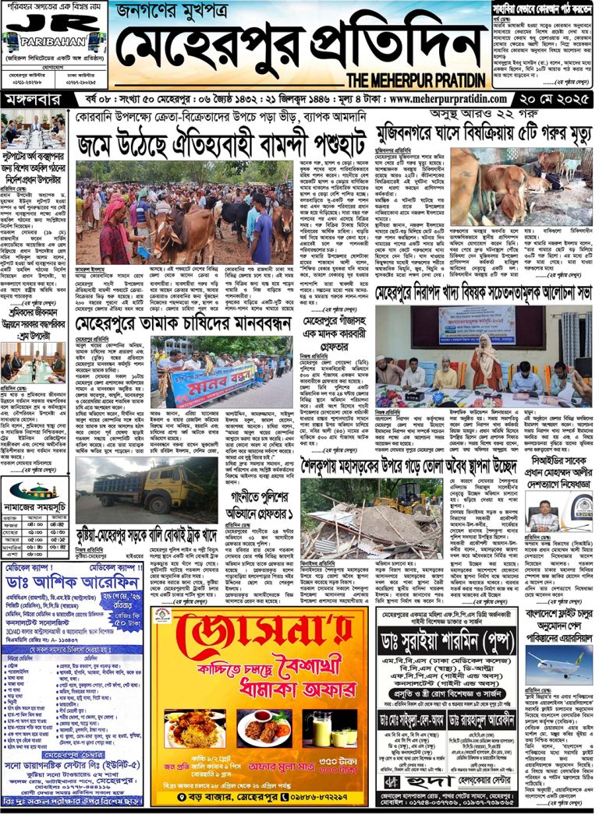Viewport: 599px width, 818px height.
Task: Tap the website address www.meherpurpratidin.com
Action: click(x=448, y=100)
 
